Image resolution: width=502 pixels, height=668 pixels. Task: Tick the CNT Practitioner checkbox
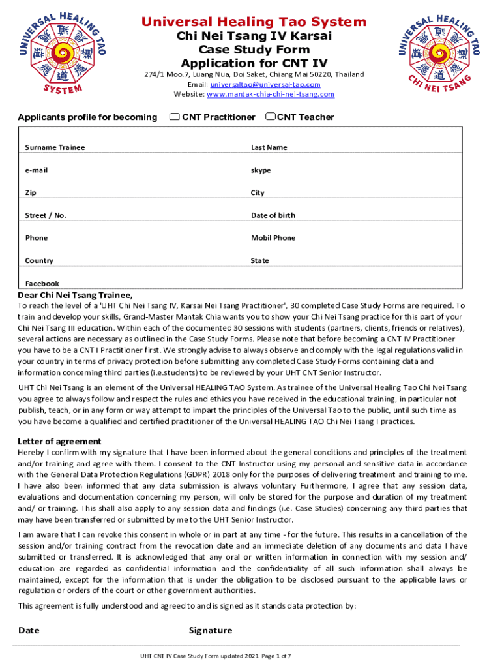point(174,117)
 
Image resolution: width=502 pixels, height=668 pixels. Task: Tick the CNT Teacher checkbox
point(270,117)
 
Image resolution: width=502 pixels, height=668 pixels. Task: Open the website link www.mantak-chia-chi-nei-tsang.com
point(270,95)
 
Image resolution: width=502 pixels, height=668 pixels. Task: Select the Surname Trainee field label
point(55,147)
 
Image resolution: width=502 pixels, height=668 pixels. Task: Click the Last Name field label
point(269,147)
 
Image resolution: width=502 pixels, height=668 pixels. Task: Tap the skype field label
point(261,170)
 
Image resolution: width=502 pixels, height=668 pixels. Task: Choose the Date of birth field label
point(273,215)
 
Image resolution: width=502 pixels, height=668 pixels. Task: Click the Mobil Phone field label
point(273,238)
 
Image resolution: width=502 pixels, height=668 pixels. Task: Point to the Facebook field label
point(42,284)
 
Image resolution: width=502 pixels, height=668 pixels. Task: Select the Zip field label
point(30,193)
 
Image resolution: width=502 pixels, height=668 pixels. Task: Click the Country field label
point(39,261)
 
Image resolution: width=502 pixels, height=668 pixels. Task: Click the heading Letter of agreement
point(59,441)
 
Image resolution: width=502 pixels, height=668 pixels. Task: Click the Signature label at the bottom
point(210,630)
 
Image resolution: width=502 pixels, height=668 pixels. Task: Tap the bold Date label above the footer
point(29,630)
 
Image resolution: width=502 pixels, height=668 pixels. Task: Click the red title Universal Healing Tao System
point(254,22)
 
